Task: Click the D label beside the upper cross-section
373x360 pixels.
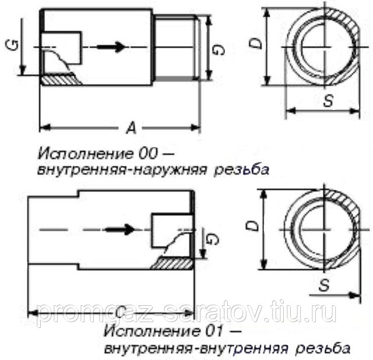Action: coord(254,43)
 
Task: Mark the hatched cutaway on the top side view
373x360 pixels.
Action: coord(61,76)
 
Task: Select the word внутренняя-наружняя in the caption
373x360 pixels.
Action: coord(111,171)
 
